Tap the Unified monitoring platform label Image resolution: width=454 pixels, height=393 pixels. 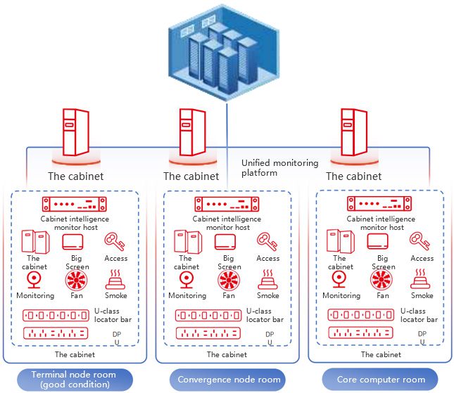(279, 167)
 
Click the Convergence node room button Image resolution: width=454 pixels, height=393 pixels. (229, 380)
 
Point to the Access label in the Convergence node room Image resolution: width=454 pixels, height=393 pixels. (268, 258)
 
